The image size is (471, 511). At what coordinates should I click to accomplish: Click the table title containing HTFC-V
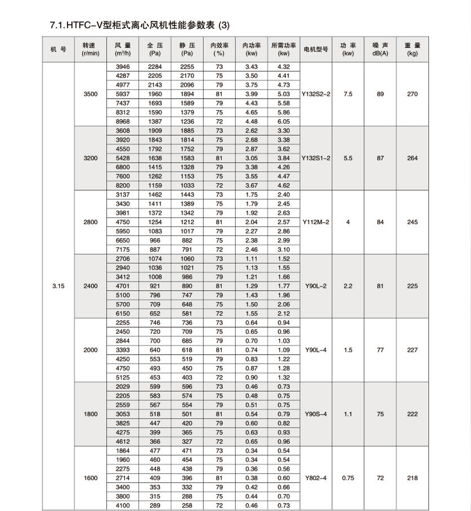tap(140, 25)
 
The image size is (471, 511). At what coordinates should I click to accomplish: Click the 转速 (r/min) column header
tap(90, 49)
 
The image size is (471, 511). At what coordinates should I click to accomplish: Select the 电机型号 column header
tap(316, 49)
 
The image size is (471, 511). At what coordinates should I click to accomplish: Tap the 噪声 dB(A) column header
tap(380, 49)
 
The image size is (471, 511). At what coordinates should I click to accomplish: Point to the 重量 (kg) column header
tap(412, 49)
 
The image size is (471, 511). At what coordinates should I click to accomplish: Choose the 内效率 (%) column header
tap(219, 49)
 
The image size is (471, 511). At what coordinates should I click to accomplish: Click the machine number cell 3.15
tap(58, 286)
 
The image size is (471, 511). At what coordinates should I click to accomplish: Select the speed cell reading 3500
tap(90, 94)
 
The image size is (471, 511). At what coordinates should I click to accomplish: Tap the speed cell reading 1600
tap(90, 478)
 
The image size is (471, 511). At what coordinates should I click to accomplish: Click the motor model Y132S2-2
tap(316, 94)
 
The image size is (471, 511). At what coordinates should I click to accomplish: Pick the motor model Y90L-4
tap(316, 350)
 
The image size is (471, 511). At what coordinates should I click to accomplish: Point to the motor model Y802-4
tap(316, 478)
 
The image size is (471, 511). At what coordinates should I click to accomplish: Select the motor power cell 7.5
tap(348, 94)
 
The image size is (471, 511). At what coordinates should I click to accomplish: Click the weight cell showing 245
tap(412, 222)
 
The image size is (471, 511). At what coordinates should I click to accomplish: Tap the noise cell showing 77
tap(380, 350)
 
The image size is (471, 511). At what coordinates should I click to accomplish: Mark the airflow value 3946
tap(122, 67)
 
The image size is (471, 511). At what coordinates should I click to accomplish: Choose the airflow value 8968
tap(122, 122)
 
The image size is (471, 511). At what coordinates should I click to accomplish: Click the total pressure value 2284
tap(155, 67)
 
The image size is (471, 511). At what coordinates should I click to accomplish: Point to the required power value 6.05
tap(284, 122)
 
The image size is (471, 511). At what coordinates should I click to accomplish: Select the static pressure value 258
tap(187, 505)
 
